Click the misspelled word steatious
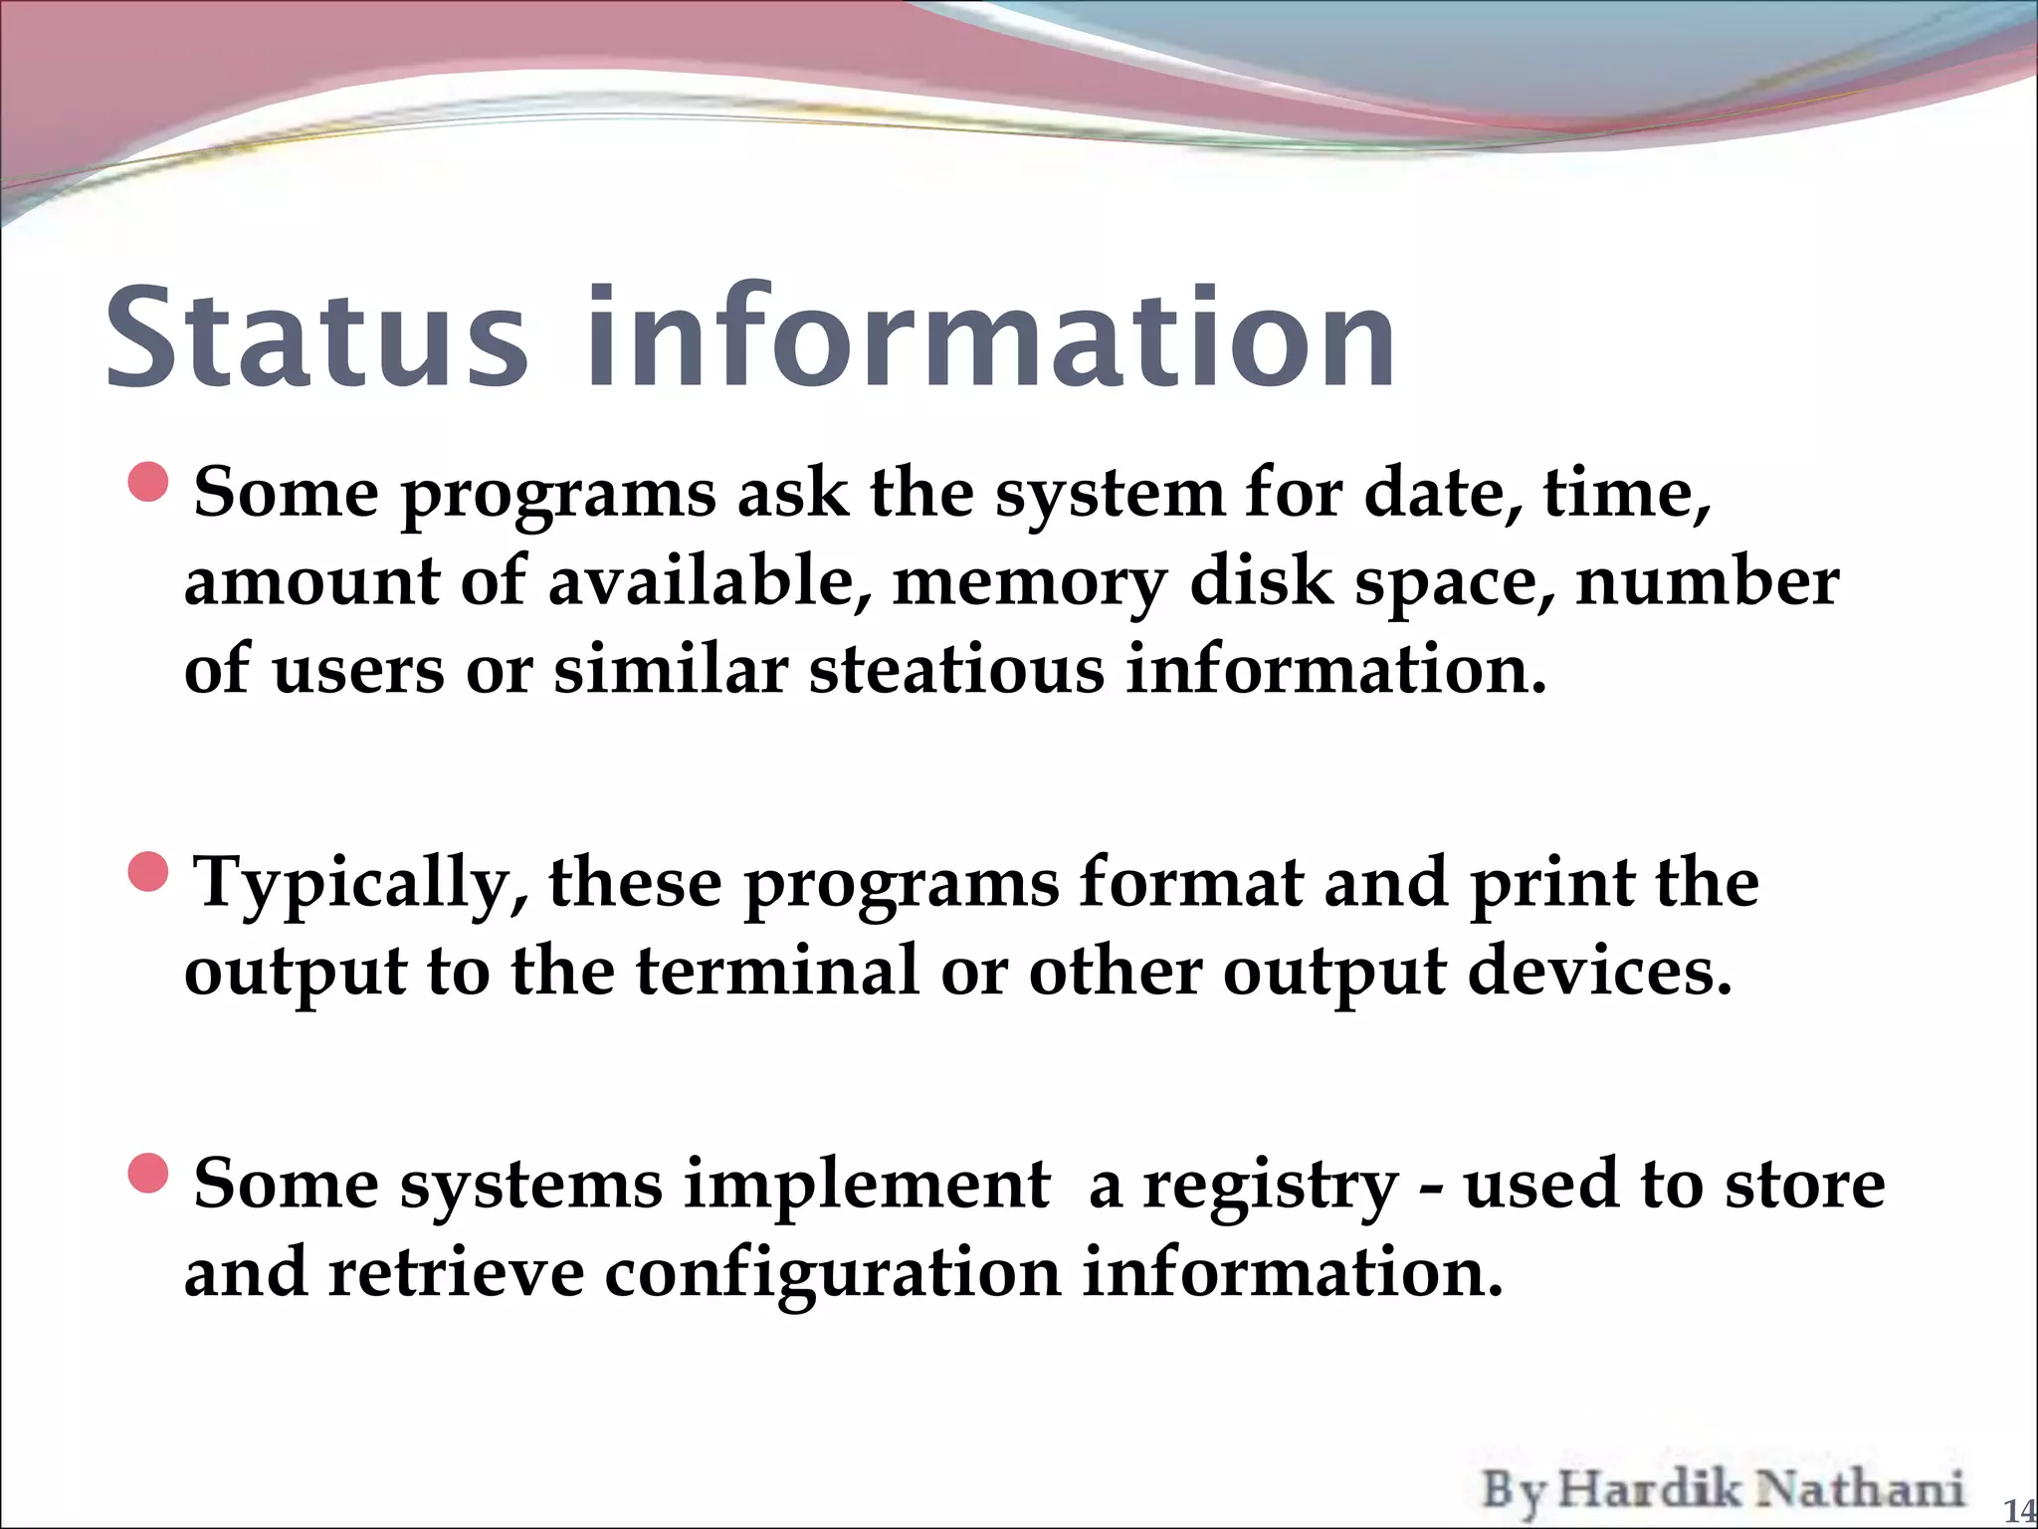(955, 669)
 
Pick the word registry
(1271, 1187)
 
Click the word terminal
(777, 971)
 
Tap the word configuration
(832, 1274)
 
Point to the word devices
(1600, 971)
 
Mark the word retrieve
(456, 1274)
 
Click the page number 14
(2018, 1511)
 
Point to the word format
(1190, 883)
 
